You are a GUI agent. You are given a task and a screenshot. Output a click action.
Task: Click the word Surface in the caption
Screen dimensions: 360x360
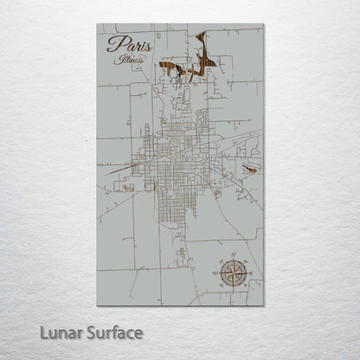[x=112, y=331]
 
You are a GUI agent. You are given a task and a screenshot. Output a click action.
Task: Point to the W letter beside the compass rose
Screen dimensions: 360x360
[x=214, y=273]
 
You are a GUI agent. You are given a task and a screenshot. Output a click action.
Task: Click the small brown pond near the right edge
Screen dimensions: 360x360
[x=251, y=170]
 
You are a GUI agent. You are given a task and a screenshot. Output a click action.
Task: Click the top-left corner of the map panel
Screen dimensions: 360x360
[x=98, y=24]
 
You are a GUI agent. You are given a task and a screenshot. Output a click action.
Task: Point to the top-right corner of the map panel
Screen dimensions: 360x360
[x=264, y=24]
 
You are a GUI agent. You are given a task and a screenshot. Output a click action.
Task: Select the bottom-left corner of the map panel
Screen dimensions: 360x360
[x=98, y=305]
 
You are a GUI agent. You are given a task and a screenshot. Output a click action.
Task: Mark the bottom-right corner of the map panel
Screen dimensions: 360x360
[x=264, y=305]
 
